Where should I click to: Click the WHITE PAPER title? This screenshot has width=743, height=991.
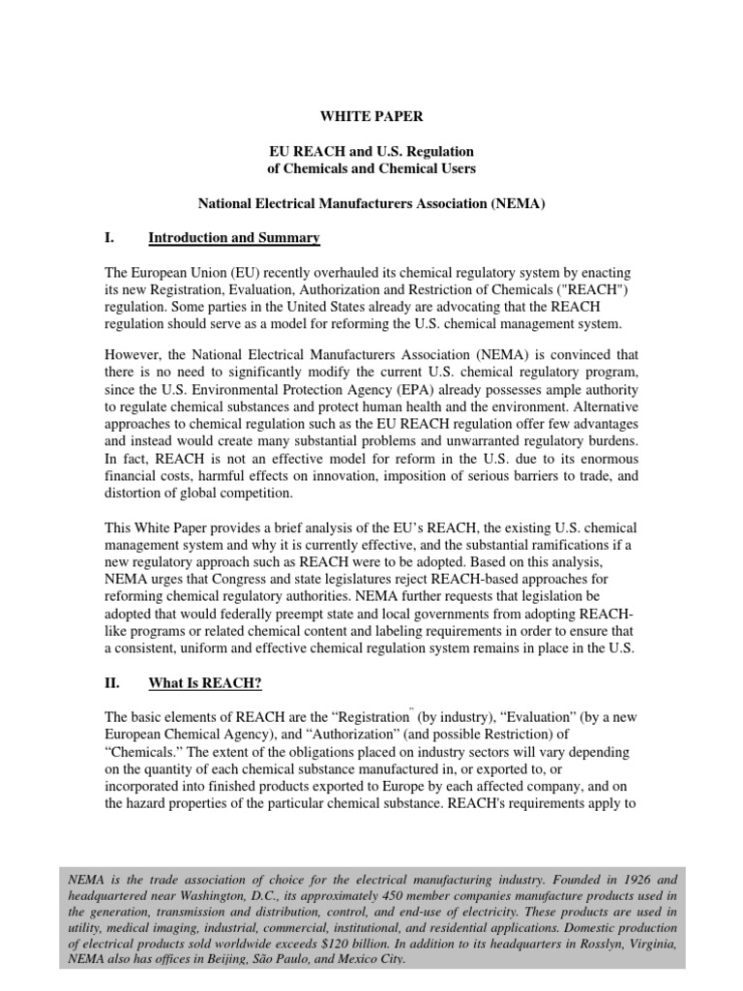click(371, 116)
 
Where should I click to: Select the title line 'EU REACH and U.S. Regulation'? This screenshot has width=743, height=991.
click(371, 152)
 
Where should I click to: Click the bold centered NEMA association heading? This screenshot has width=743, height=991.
click(371, 204)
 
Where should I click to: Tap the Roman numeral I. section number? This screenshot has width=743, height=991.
click(110, 238)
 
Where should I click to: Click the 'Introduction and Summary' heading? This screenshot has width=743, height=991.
click(233, 238)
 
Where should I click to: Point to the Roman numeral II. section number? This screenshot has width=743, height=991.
click(112, 683)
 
